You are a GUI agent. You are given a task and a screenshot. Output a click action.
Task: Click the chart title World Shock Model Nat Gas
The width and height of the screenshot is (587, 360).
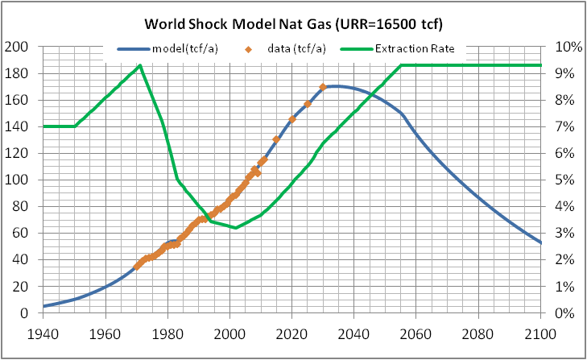(x=293, y=23)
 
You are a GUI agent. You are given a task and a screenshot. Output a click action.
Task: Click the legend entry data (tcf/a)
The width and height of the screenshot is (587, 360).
(x=297, y=49)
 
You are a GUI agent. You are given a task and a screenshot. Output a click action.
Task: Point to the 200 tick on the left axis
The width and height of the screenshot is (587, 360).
(x=19, y=47)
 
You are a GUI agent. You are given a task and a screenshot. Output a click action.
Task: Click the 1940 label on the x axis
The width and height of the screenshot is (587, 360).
(x=43, y=330)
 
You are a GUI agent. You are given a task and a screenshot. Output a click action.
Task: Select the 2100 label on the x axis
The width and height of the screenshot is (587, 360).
(x=541, y=330)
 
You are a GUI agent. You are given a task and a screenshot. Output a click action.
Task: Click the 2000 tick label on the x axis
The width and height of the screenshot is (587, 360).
(x=229, y=330)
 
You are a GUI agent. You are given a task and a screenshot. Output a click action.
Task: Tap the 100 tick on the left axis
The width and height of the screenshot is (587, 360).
(x=19, y=180)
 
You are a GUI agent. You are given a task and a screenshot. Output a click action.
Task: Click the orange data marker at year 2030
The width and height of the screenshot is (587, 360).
(x=323, y=87)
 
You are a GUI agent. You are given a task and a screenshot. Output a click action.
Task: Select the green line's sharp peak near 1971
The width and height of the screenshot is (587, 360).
(x=140, y=65)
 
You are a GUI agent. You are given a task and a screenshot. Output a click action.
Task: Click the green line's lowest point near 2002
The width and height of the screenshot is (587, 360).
(x=236, y=228)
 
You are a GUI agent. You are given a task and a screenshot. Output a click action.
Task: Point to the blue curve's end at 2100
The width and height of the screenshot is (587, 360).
(x=541, y=243)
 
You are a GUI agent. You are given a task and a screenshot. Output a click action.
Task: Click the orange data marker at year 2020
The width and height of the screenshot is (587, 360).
(x=292, y=119)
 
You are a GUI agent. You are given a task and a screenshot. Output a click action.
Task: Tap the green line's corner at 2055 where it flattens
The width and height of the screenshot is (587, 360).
(x=401, y=65)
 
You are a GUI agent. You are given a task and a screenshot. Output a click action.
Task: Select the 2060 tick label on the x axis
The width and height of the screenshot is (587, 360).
(x=416, y=330)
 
